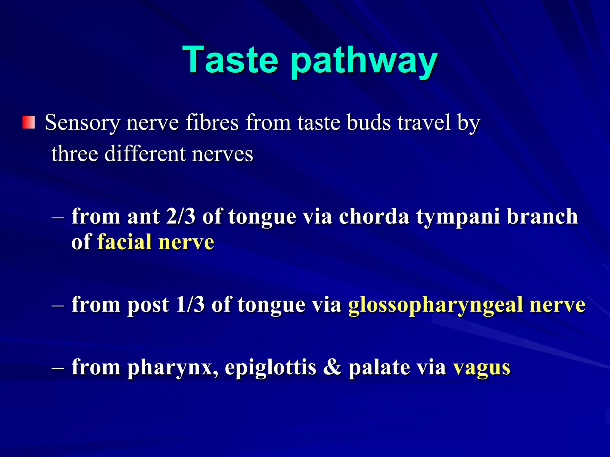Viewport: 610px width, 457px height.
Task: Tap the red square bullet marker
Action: (x=29, y=123)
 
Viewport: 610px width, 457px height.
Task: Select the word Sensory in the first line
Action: (x=82, y=123)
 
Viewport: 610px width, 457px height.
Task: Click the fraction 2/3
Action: (x=181, y=216)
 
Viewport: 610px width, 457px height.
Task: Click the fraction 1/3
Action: (x=190, y=305)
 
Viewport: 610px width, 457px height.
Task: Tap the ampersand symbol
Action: (x=332, y=367)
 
